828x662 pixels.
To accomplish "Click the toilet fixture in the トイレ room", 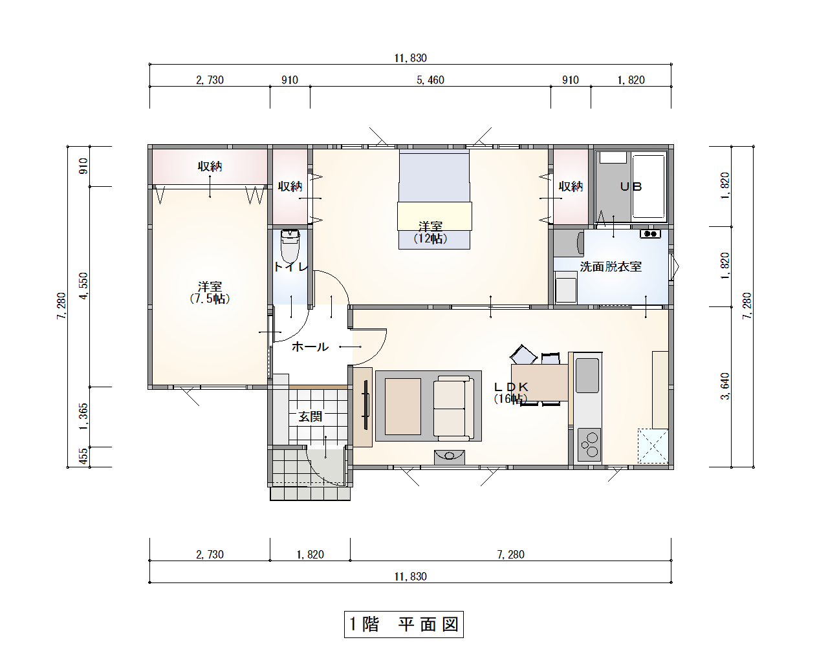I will tap(290, 245).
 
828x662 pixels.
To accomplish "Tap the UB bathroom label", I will tap(631, 187).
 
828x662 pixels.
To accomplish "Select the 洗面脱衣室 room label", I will tap(611, 266).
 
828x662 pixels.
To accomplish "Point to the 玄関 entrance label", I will tap(310, 417).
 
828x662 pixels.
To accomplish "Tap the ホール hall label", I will tap(310, 347).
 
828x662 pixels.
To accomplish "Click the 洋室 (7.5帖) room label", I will tap(210, 292).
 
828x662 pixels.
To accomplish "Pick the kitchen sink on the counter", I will tap(587, 376).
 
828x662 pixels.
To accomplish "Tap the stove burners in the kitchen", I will tap(590, 445).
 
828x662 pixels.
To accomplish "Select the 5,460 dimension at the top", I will tap(430, 80).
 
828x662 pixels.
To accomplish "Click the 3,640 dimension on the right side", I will tap(725, 386).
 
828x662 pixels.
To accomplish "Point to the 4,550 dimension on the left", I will tap(83, 286).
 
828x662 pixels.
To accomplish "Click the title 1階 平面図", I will tap(404, 625).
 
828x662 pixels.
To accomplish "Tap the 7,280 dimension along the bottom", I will tap(510, 555).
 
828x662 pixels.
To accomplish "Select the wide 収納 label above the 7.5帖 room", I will tap(210, 167).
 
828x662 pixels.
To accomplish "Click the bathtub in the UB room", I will tap(648, 186).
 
